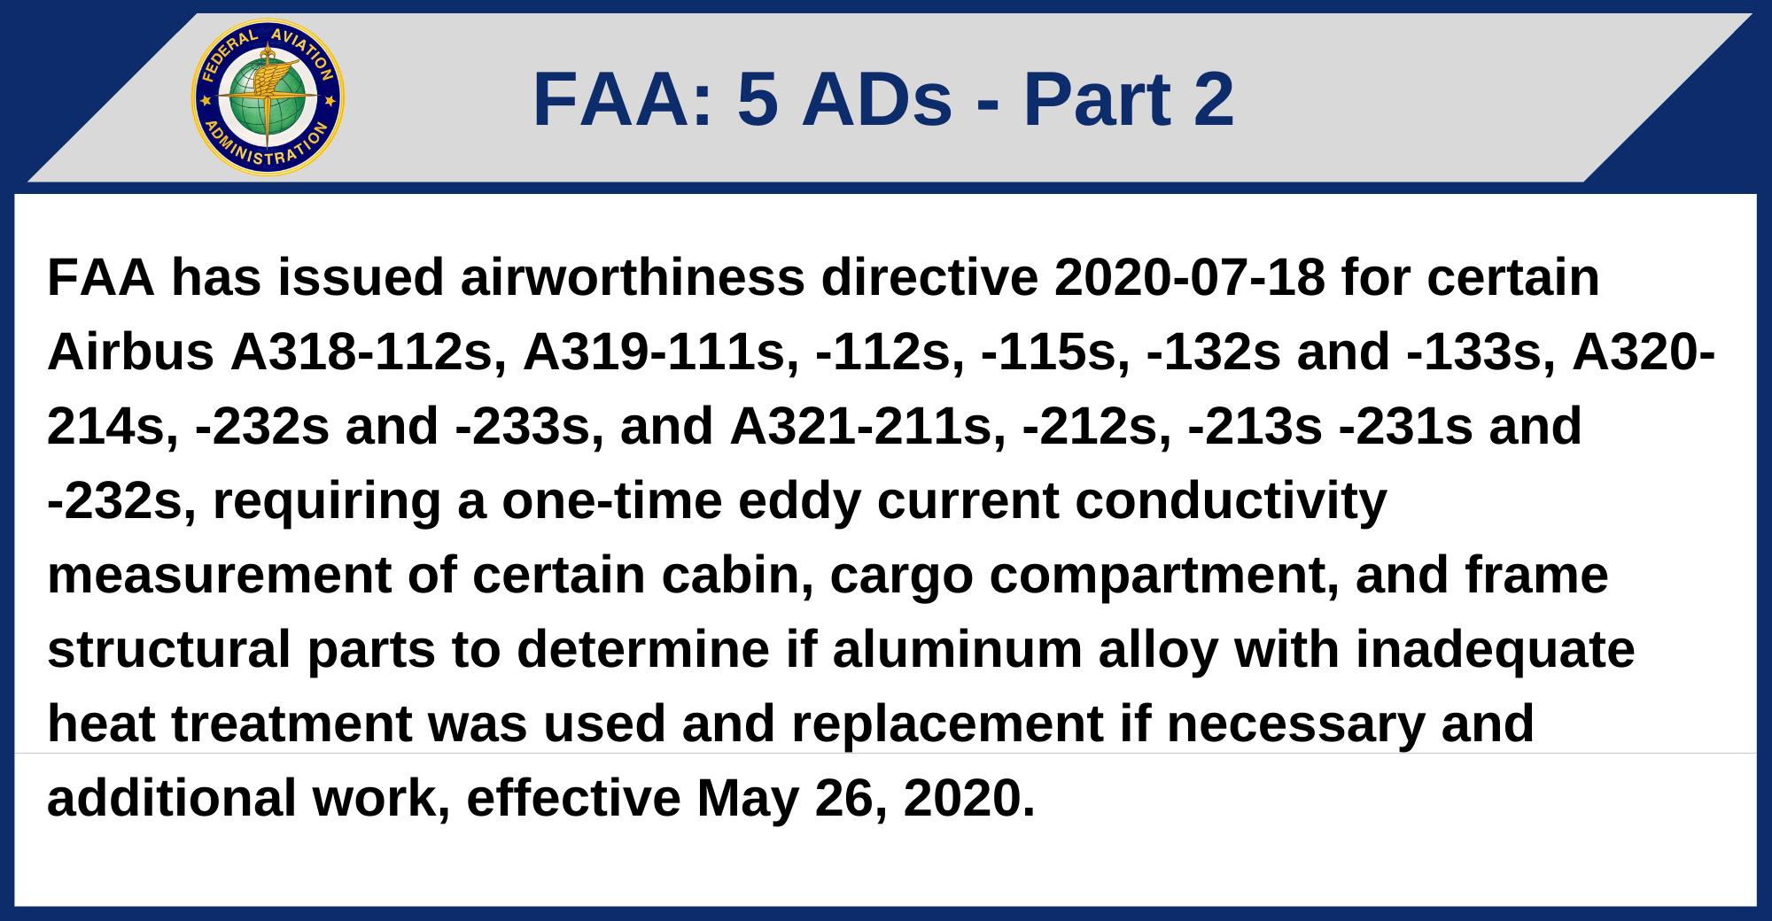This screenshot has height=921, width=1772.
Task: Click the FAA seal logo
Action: point(268,97)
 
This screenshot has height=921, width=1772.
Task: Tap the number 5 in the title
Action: point(758,99)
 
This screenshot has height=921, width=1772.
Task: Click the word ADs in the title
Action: point(877,99)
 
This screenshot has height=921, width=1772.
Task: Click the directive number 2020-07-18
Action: point(1189,277)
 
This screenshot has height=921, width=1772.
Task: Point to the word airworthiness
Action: point(632,277)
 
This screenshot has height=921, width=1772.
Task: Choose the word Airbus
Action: point(130,352)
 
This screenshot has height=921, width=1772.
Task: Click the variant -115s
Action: point(1055,352)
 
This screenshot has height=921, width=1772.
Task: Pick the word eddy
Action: point(799,500)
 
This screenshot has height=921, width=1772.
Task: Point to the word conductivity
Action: point(1231,500)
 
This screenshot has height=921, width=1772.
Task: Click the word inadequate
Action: point(1495,649)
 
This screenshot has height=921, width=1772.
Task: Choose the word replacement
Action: point(947,724)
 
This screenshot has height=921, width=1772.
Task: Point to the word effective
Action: point(573,798)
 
